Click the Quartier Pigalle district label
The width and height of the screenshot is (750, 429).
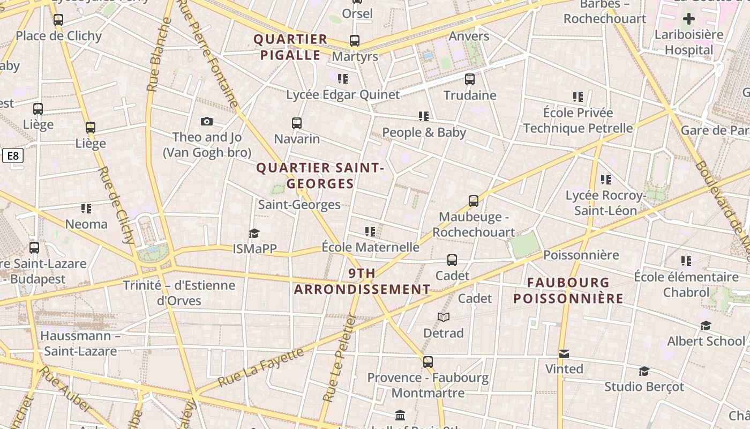pos(290,47)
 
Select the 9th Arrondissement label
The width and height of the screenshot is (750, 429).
pos(362,282)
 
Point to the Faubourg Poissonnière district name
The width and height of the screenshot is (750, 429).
pos(568,291)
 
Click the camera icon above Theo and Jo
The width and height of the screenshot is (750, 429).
pos(207,122)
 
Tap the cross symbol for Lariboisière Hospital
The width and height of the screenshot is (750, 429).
pos(689,19)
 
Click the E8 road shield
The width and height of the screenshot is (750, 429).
pos(13,156)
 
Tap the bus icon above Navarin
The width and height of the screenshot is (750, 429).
pos(297,123)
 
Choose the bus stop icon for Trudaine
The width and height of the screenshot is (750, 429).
pos(470,79)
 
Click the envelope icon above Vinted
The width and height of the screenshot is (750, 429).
pos(564,354)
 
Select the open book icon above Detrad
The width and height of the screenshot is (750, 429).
pos(444,317)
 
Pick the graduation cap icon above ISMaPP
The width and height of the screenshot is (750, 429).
pos(254,233)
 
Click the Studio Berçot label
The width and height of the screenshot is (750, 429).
pos(644,387)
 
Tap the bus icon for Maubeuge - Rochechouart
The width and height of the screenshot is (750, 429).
pos(474,201)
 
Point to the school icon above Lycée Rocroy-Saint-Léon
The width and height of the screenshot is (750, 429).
pos(606,180)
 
